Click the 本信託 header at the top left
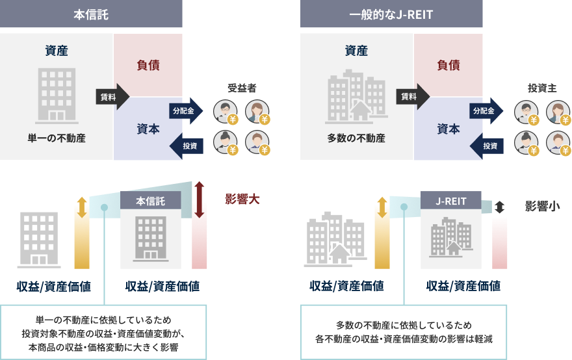point(91,14)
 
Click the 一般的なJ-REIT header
point(391,14)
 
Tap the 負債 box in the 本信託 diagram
point(148,65)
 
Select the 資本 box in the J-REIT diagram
point(448,129)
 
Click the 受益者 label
point(242,88)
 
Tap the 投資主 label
point(542,88)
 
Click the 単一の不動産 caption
point(57,138)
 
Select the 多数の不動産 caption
point(357,138)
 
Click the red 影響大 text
point(242,199)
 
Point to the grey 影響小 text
point(543,206)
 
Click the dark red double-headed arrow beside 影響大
point(200,199)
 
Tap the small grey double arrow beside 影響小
point(499,207)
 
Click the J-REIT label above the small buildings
point(451,201)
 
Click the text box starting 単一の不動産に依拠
point(103,332)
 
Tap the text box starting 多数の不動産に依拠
point(403,332)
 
